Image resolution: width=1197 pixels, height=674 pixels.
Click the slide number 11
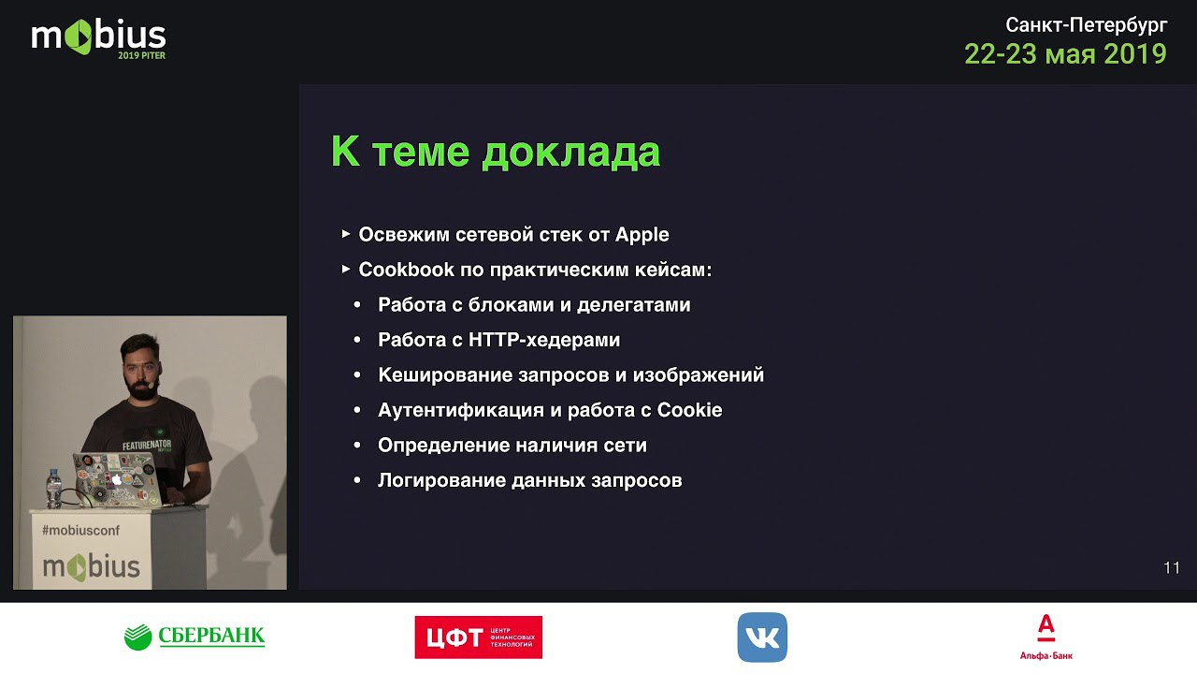coord(1172,567)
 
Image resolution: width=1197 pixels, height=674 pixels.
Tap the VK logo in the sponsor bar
coord(762,637)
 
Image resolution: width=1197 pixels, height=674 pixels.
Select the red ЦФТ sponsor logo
coord(478,637)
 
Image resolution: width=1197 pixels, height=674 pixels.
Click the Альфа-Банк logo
coord(1046,637)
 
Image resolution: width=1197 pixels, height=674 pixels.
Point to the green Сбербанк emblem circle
coord(137,637)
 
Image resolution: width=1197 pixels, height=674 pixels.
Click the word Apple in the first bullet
coord(642,235)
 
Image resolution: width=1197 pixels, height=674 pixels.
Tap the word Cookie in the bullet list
coord(689,410)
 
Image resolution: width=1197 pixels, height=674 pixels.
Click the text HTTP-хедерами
coord(544,340)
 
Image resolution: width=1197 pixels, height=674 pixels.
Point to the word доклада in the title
coord(570,153)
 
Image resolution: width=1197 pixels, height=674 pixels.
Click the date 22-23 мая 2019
coord(1065,54)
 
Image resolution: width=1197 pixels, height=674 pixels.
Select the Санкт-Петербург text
coord(1087,25)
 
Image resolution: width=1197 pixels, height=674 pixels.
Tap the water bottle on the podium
coord(53,488)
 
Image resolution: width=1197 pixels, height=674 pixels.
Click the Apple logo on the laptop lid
coord(117,479)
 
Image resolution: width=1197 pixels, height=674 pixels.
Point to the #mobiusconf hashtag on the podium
coord(80,530)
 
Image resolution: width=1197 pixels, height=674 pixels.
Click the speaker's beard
coord(142,388)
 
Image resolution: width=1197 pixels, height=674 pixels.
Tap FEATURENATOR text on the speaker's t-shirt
coord(147,445)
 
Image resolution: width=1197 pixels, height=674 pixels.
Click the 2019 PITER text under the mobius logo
coord(141,55)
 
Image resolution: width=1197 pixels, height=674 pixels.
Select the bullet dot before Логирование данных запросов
coord(357,480)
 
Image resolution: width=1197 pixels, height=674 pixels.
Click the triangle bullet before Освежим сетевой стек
coord(346,234)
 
